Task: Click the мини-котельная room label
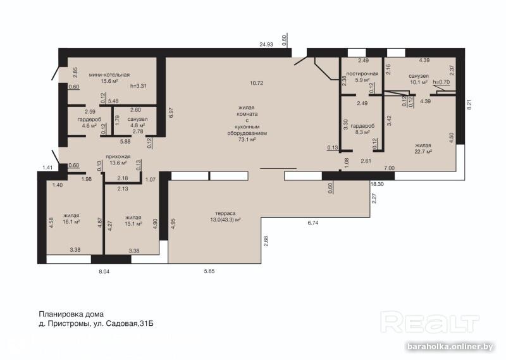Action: point(109,75)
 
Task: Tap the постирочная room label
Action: point(362,73)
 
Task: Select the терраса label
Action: point(225,213)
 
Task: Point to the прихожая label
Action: point(118,157)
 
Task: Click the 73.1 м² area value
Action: point(247,139)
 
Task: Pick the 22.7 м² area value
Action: point(423,151)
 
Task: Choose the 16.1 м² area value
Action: point(71,222)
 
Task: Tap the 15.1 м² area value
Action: point(133,224)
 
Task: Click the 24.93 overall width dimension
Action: point(266,44)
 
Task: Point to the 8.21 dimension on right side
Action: point(469,104)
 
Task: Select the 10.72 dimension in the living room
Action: point(257,83)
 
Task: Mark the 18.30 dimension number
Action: point(377,184)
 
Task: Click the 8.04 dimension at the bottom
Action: point(104,271)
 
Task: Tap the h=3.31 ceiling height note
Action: point(139,86)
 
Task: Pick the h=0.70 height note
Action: point(441,82)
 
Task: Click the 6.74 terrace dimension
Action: point(312,223)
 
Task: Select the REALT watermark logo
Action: point(429,322)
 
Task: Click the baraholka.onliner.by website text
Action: point(450,347)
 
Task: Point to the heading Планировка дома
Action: point(71,314)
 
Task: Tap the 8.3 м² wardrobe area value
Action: point(362,132)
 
